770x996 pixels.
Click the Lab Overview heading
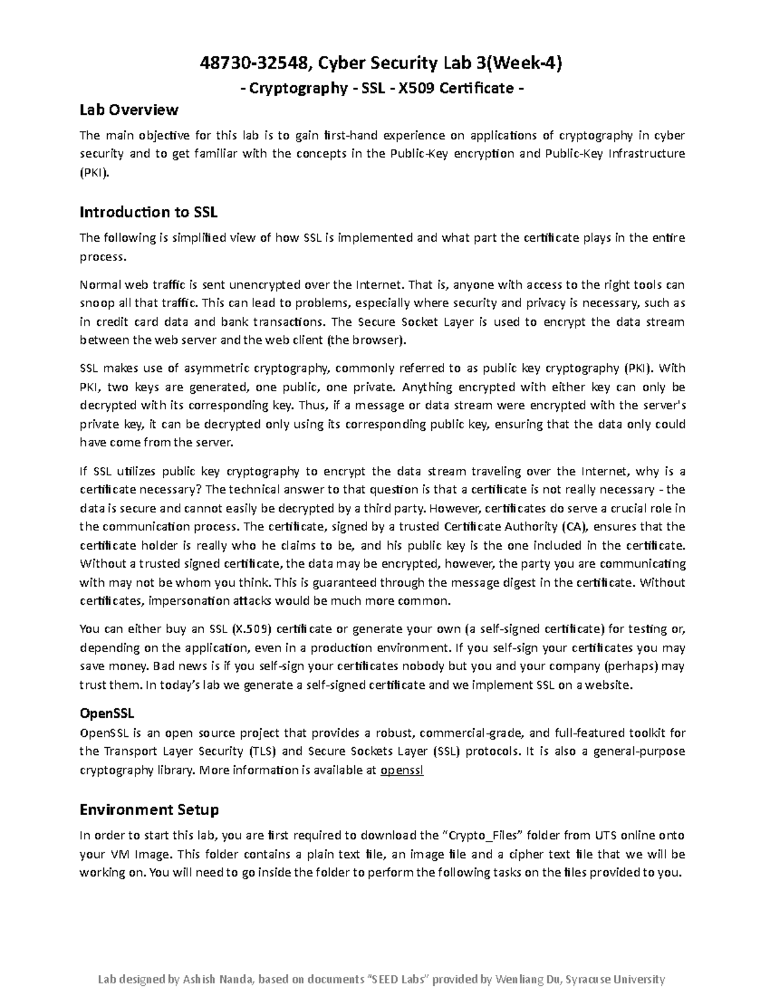128,110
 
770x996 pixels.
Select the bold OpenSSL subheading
107,713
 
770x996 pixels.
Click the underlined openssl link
402,770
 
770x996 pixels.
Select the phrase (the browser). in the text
367,340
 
